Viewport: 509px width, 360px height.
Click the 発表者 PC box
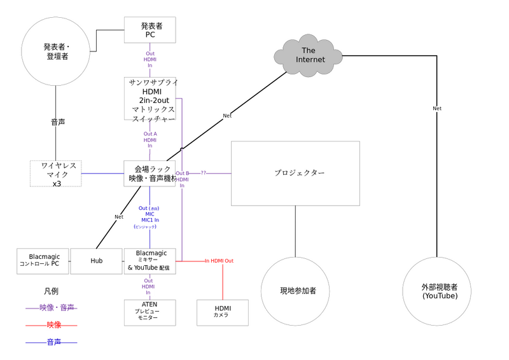(150, 31)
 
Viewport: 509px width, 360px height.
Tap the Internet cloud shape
(309, 55)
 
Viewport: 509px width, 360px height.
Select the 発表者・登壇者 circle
(57, 52)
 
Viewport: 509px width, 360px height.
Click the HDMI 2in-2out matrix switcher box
(150, 99)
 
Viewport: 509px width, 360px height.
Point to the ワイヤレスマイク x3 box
(57, 174)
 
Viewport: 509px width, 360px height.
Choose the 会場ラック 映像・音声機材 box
(150, 174)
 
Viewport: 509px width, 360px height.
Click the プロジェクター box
(295, 173)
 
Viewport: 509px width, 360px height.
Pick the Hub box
(96, 261)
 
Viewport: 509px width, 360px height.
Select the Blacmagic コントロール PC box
(43, 261)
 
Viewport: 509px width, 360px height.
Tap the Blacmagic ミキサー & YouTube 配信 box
(150, 261)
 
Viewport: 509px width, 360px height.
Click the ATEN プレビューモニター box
(150, 312)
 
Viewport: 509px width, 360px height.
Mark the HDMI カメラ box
(223, 312)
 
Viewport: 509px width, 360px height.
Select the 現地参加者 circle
(295, 291)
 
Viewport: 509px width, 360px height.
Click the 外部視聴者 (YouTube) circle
(440, 292)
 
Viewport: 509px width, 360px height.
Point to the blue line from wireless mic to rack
(103, 173)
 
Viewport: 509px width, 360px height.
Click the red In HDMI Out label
(219, 261)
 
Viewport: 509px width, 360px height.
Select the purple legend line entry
(51, 308)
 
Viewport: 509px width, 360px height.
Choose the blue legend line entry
(51, 342)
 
